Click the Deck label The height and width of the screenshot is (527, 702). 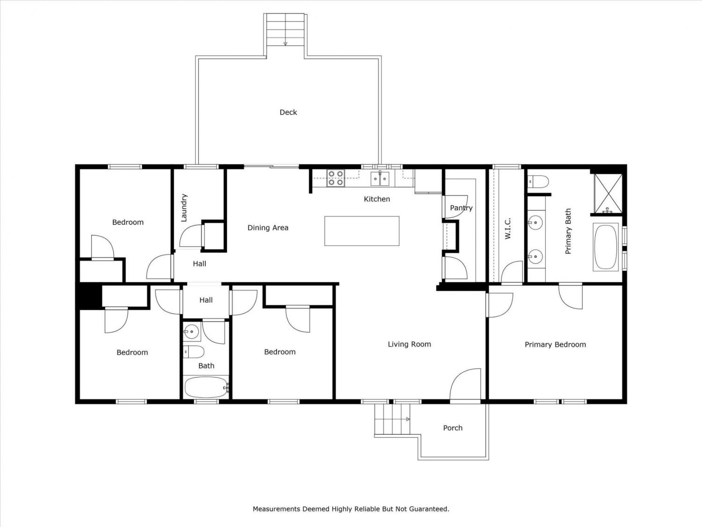[288, 112]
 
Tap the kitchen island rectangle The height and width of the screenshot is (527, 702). [362, 230]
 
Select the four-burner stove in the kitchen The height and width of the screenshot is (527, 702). [336, 178]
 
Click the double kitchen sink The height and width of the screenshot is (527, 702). [380, 178]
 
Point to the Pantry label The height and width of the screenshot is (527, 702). [461, 208]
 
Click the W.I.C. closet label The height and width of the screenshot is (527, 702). [508, 229]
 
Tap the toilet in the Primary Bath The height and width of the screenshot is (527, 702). [538, 181]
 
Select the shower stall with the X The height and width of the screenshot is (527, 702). [608, 193]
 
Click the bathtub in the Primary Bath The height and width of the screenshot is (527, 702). [606, 247]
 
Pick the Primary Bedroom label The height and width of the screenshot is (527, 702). [555, 345]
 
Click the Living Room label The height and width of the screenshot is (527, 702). [409, 344]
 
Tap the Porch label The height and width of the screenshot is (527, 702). [453, 428]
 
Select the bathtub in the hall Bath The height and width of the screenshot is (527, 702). [206, 387]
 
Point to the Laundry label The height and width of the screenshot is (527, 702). [183, 208]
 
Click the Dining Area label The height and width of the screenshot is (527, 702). [268, 228]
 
